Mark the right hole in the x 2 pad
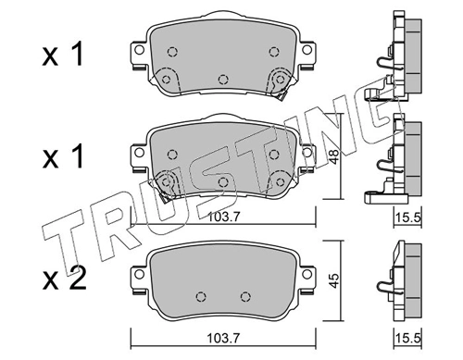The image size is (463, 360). click(x=245, y=296)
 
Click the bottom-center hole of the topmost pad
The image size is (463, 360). click(x=222, y=80)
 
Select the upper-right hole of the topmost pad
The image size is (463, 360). click(x=272, y=52)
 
